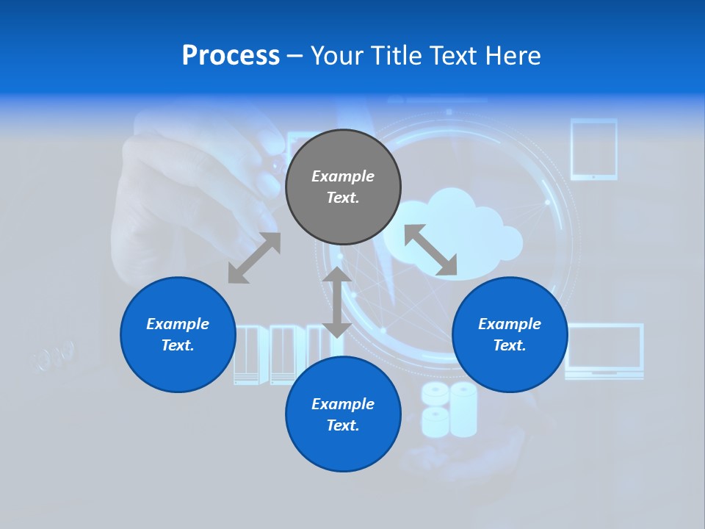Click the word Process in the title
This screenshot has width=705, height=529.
click(231, 56)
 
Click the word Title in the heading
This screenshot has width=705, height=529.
click(394, 56)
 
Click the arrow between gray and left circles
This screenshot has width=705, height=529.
click(254, 258)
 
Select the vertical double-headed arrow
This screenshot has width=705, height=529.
click(337, 302)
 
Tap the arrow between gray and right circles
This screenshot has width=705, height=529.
click(431, 251)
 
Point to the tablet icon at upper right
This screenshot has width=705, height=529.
click(593, 149)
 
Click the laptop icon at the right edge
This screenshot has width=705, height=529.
click(604, 351)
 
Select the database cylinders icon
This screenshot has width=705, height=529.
click(449, 409)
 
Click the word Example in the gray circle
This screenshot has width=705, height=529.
click(343, 176)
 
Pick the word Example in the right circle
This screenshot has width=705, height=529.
click(510, 324)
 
